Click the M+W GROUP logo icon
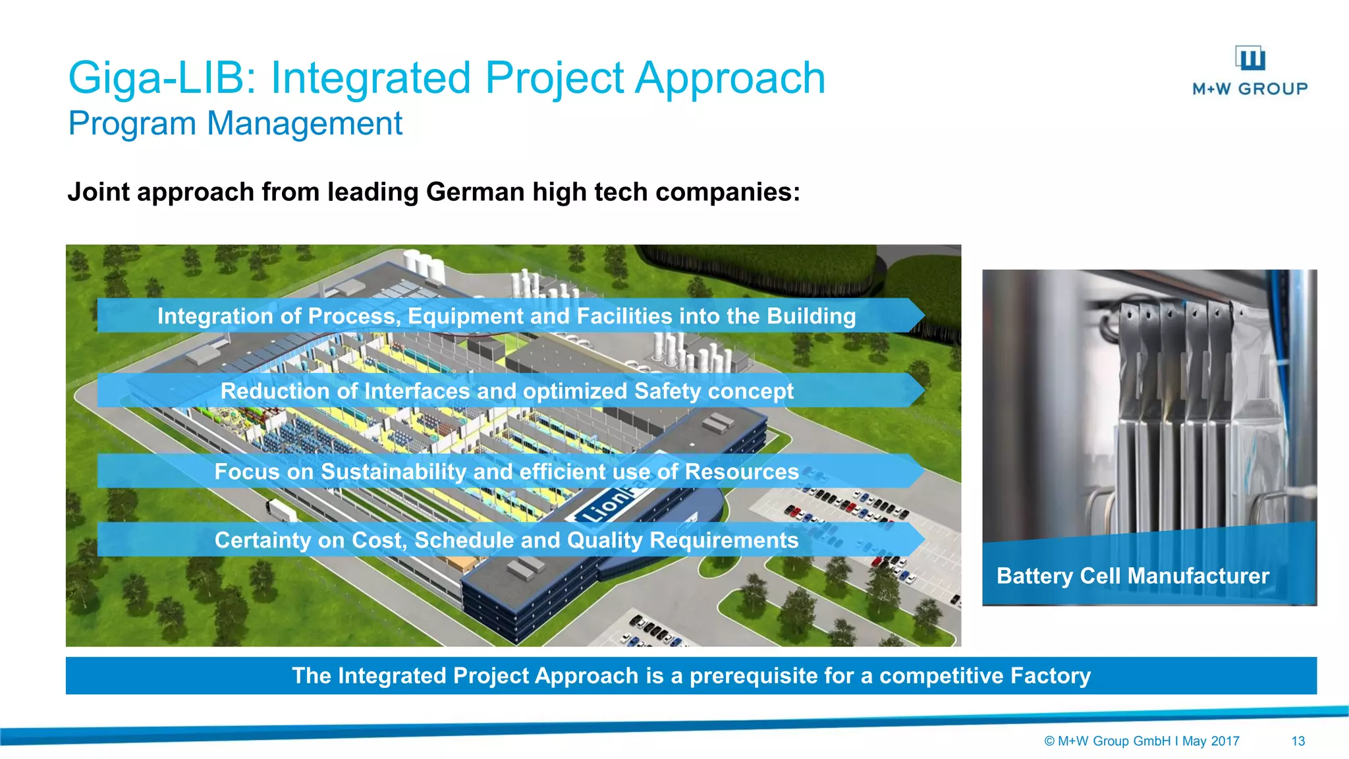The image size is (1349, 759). pos(1250,59)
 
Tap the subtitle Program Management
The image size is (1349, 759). pos(235,123)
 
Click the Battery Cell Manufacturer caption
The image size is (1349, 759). pos(1132,576)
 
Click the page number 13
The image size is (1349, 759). pos(1298,741)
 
